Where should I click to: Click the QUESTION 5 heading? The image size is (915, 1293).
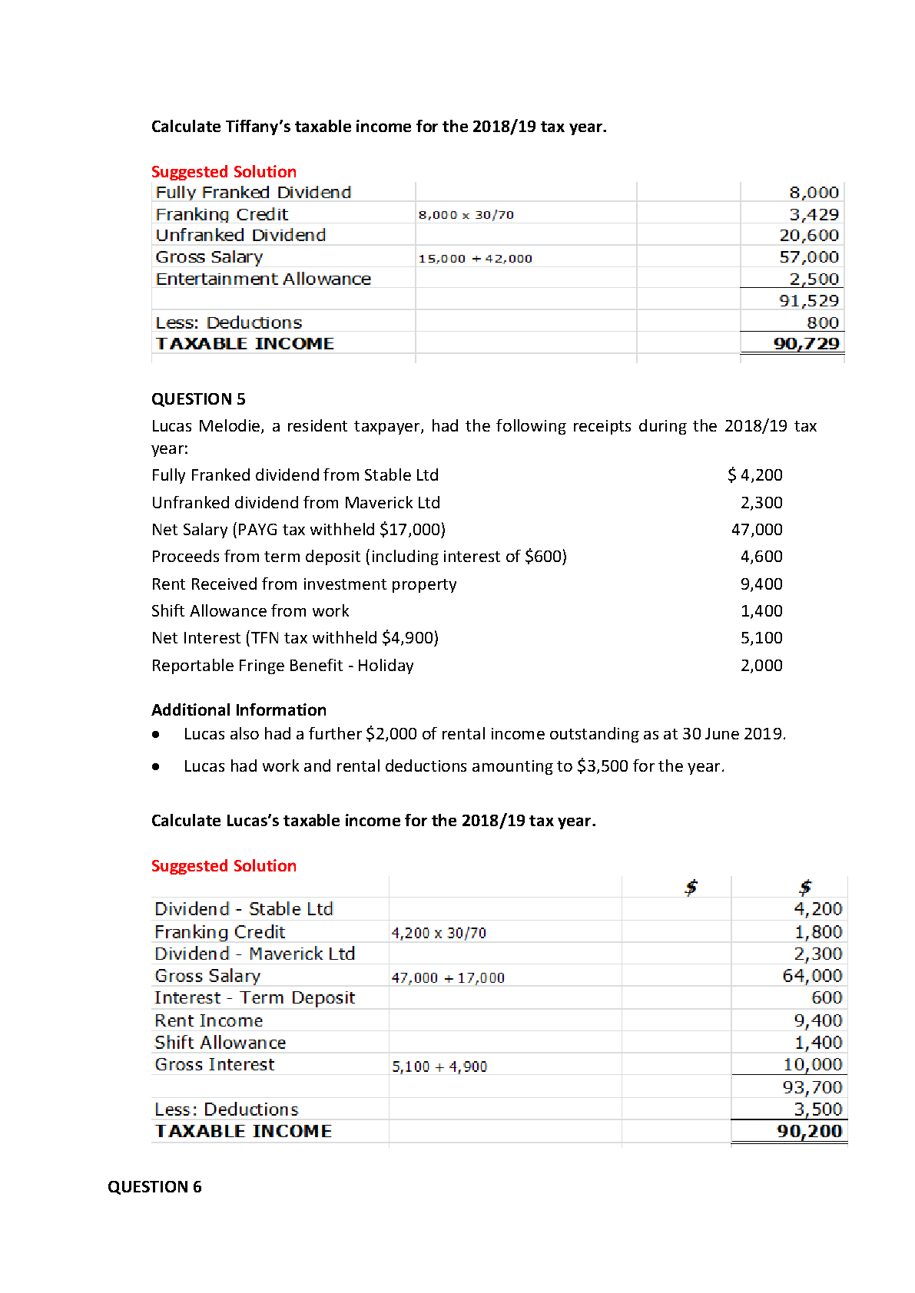[198, 399]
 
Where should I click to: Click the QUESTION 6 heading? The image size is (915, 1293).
[154, 1187]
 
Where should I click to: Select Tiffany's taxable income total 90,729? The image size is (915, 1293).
[806, 344]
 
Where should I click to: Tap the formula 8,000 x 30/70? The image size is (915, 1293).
[466, 215]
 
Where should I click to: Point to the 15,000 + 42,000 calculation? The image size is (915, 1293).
[475, 259]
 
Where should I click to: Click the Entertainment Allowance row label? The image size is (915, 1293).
[263, 279]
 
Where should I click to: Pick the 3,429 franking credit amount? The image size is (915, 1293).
[814, 215]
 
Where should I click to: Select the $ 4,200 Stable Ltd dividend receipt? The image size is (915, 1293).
[754, 475]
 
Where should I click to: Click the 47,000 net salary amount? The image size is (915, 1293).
[757, 530]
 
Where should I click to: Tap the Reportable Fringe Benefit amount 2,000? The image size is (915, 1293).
[761, 666]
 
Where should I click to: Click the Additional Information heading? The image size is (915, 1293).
[239, 710]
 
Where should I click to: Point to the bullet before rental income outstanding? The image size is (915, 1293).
[156, 735]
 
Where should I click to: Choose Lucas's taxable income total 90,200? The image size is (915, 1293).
[809, 1132]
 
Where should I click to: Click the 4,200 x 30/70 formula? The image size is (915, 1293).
[439, 934]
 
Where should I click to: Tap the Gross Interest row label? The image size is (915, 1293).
[214, 1065]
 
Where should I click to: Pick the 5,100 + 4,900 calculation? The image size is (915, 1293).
[439, 1067]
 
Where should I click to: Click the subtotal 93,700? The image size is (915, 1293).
[812, 1088]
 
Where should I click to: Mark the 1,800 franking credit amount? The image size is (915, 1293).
[817, 933]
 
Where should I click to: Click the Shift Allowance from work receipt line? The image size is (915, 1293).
[250, 611]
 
